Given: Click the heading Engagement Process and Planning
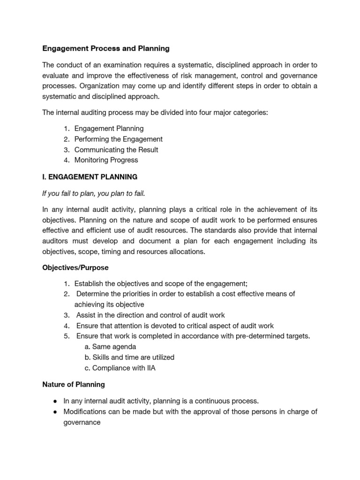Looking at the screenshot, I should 106,48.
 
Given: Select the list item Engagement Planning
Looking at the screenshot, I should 109,128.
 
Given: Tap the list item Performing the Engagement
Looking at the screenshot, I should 118,139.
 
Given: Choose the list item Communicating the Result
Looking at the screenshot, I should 116,150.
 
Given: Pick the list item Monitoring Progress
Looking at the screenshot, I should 106,160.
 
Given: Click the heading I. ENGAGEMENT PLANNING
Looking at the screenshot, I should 90,177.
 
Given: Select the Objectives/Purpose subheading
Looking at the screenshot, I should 75,267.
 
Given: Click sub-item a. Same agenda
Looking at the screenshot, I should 110,347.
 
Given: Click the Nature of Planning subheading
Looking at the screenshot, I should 74,384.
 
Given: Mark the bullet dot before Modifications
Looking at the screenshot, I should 55,412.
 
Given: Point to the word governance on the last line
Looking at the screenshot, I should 82,422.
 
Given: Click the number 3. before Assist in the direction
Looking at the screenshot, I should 67,315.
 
